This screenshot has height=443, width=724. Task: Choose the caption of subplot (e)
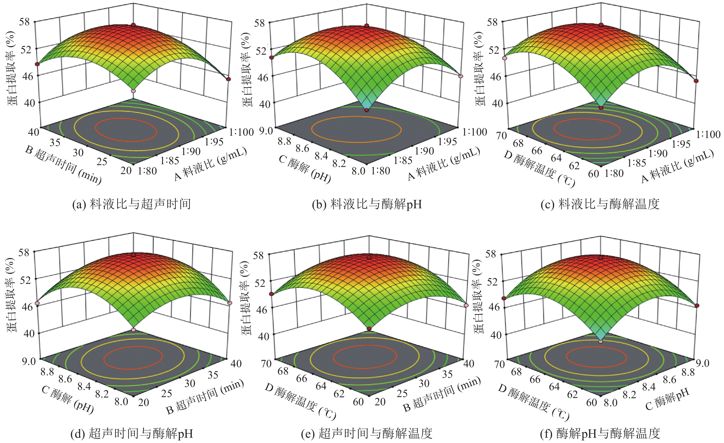pos(367,433)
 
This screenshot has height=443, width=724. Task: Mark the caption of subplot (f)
pos(600,433)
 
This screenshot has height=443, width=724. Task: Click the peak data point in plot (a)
pos(134,25)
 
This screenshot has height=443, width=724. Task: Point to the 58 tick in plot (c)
pos(493,22)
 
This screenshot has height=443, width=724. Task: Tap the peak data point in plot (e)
pos(369,257)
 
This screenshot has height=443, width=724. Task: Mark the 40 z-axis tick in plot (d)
pos(29,333)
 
